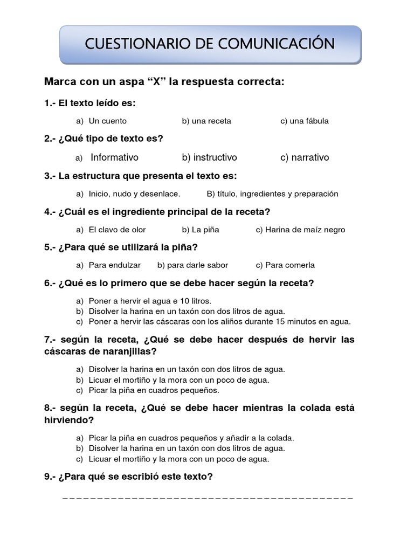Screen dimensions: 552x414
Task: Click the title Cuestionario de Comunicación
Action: coord(210,44)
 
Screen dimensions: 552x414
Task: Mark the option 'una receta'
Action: coord(206,121)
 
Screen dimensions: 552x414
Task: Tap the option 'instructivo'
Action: coord(209,157)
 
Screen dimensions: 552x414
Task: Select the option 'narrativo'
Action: coord(305,157)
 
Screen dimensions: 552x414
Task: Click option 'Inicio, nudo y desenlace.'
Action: coord(134,194)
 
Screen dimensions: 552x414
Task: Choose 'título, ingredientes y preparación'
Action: coord(272,194)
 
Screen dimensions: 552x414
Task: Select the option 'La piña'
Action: coord(201,230)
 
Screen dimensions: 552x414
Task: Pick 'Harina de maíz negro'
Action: coord(300,230)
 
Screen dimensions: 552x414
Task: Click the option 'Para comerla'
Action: coord(285,265)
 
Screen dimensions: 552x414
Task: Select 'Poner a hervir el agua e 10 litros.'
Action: coord(149,301)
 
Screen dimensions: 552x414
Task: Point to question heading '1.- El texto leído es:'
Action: coord(90,103)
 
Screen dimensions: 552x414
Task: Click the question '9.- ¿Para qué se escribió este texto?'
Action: coord(129,477)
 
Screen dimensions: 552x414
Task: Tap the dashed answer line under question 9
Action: coord(208,498)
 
